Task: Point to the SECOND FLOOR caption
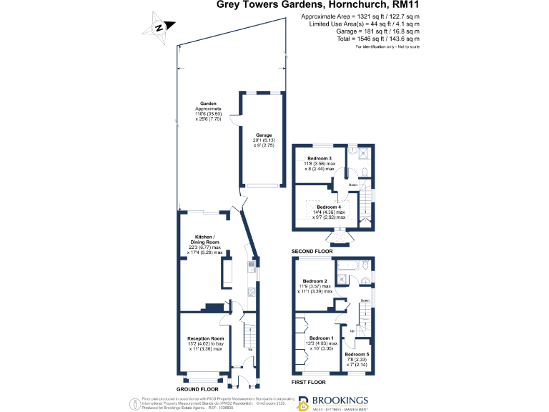tap(312, 252)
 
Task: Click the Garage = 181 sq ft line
tap(378, 31)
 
